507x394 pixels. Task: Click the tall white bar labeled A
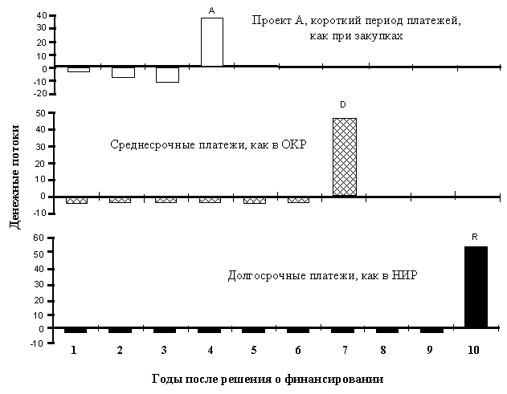(212, 42)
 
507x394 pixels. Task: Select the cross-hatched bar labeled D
(345, 157)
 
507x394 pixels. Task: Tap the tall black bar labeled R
(476, 287)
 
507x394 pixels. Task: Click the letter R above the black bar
(475, 237)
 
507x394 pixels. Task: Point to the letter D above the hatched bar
(343, 104)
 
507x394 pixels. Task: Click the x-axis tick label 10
(473, 350)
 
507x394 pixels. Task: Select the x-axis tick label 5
(254, 350)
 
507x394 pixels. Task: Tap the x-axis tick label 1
(74, 350)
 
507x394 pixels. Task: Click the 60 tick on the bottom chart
(39, 238)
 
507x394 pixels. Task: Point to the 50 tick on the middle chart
(43, 113)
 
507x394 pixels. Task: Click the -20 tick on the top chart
(40, 94)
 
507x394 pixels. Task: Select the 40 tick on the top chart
(43, 15)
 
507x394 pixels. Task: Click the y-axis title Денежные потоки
(15, 177)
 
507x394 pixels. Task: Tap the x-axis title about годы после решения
(268, 379)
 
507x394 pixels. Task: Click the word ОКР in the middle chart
(293, 144)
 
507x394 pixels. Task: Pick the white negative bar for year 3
(167, 75)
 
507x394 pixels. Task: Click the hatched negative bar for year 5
(255, 201)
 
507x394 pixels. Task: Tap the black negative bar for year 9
(431, 331)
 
